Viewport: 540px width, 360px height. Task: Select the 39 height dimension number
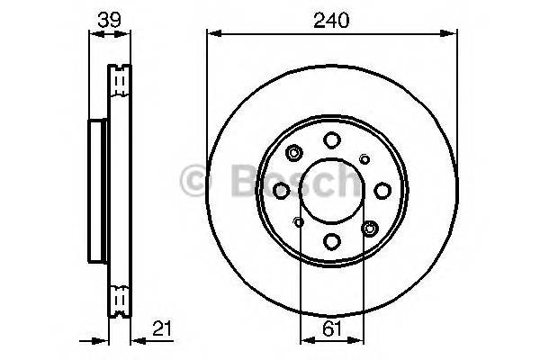[x=110, y=17]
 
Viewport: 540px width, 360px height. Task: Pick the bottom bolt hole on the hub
[x=331, y=240]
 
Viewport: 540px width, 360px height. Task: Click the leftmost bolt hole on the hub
[x=281, y=190]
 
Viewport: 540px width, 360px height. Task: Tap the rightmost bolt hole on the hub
[x=382, y=190]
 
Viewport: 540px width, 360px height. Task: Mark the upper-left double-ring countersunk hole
[x=295, y=154]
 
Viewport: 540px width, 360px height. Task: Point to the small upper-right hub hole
[x=364, y=158]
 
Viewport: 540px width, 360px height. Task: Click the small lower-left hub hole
[x=298, y=221]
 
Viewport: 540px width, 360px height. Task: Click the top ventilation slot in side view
[x=119, y=83]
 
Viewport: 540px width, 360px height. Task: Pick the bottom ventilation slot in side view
[x=119, y=298]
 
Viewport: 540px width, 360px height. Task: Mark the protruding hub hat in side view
[x=98, y=190]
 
